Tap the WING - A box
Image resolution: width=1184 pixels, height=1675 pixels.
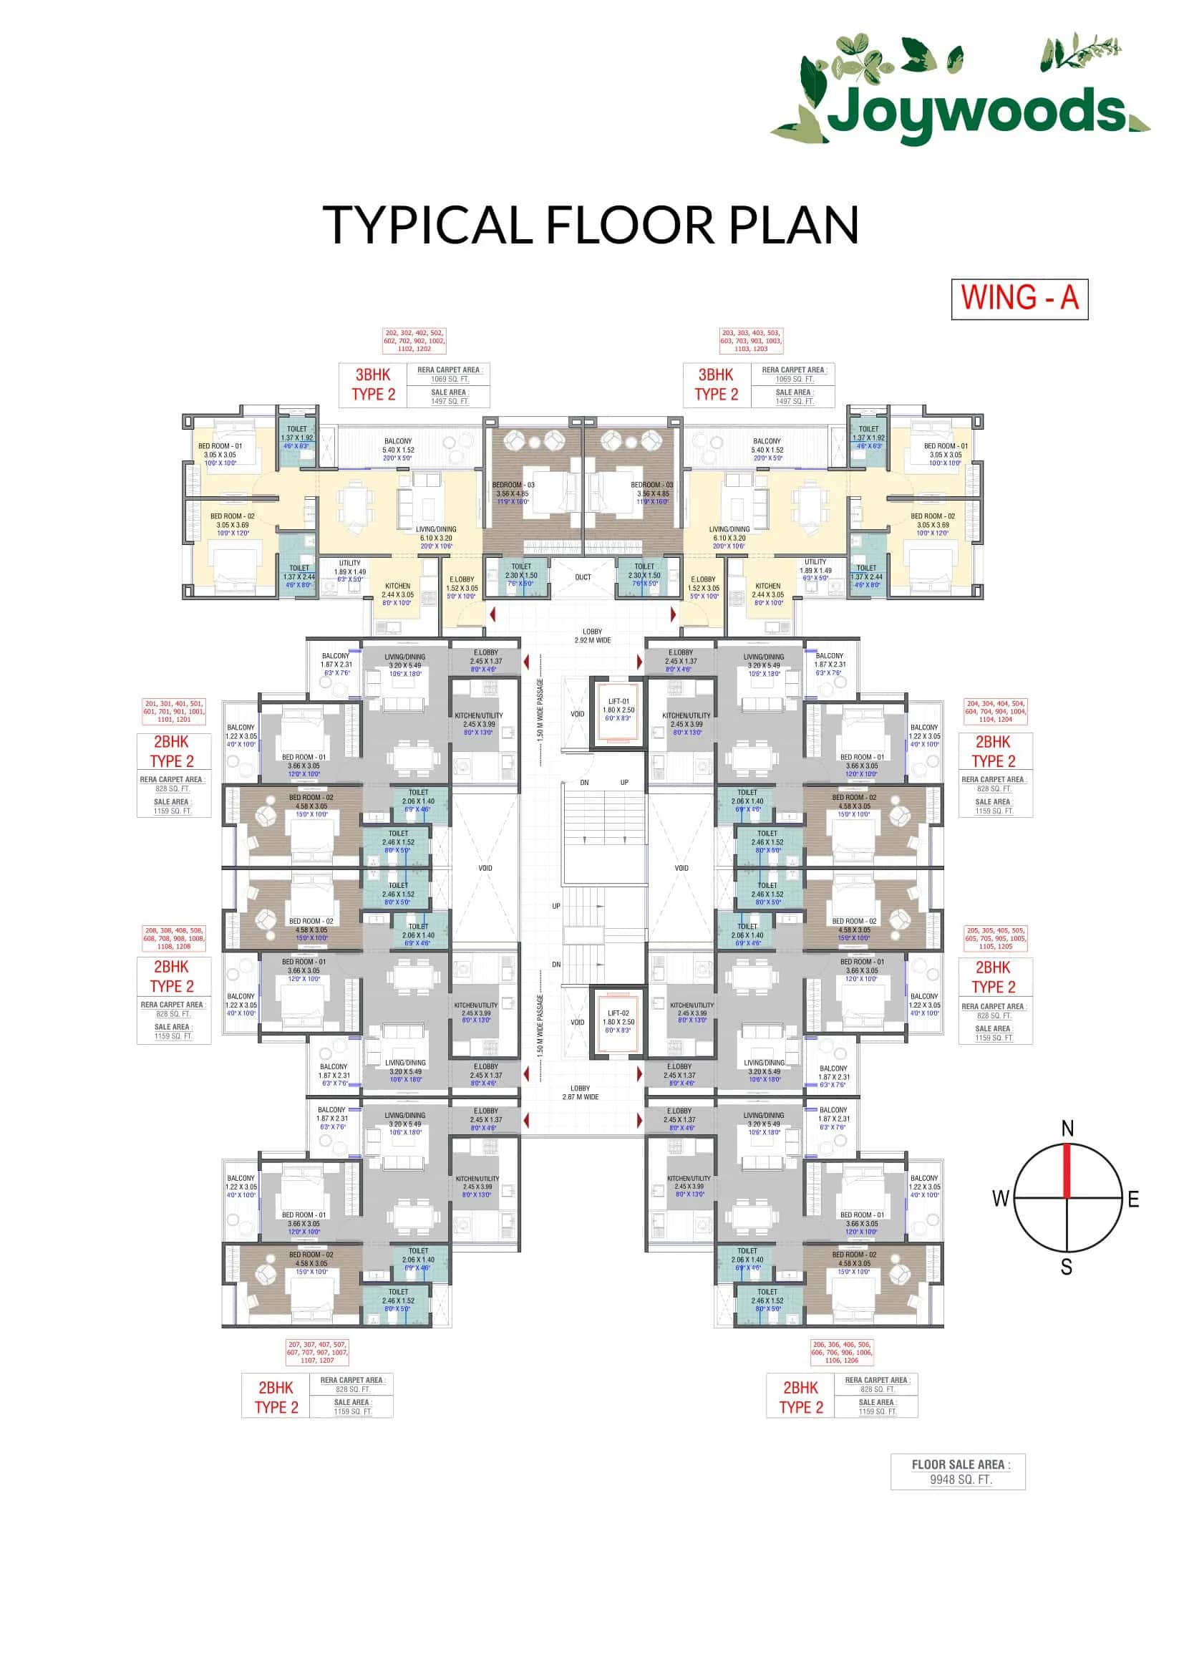point(1019,299)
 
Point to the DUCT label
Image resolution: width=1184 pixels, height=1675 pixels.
point(583,577)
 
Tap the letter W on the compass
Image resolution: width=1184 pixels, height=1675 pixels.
point(999,1199)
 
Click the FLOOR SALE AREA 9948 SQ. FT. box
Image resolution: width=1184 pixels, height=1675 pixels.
point(956,1472)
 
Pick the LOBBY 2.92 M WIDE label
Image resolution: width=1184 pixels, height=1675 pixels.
point(592,636)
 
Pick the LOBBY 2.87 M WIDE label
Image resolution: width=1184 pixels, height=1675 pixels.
point(581,1092)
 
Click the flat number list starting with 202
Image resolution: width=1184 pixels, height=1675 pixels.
point(414,341)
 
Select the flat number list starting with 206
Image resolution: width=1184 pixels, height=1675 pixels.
point(841,1352)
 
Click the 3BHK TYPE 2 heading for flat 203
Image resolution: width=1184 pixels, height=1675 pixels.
point(716,385)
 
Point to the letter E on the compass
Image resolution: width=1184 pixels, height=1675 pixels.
point(1133,1199)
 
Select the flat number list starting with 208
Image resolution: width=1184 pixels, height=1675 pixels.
point(173,938)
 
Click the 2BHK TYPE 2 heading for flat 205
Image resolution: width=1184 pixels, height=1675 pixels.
point(993,977)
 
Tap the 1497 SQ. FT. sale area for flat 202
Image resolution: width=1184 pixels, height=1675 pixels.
point(449,401)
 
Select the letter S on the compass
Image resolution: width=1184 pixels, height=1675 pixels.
point(1066,1268)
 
